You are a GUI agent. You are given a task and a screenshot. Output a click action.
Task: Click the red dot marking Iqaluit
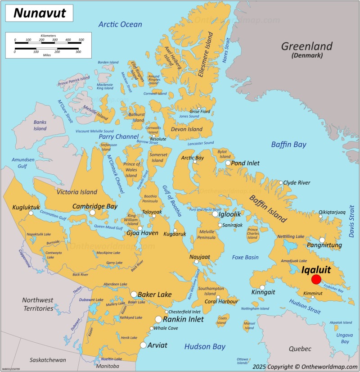[316, 280]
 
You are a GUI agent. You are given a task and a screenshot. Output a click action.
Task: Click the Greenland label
[306, 46]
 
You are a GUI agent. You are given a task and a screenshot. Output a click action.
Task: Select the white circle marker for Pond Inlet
[228, 163]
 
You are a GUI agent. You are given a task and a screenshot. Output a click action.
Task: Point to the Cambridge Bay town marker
[92, 213]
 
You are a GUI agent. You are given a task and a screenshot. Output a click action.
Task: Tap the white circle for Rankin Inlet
[158, 319]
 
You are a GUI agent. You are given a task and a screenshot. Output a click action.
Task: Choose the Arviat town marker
[143, 345]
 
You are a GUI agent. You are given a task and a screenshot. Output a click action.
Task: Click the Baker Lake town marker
[134, 295]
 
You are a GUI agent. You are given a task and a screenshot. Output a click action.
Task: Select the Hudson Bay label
[205, 346]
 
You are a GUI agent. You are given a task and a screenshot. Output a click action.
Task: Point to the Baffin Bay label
[288, 145]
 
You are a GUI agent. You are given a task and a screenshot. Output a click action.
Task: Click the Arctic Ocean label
[120, 24]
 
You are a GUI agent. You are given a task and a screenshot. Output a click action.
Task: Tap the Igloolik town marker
[216, 214]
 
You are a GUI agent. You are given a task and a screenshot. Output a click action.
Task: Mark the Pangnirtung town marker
[322, 240]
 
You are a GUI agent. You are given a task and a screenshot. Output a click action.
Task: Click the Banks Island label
[40, 125]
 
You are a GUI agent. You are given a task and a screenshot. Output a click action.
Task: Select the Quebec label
[300, 349]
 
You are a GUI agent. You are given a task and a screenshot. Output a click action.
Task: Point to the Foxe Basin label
[245, 257]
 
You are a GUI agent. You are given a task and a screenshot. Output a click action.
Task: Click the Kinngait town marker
[262, 287]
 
